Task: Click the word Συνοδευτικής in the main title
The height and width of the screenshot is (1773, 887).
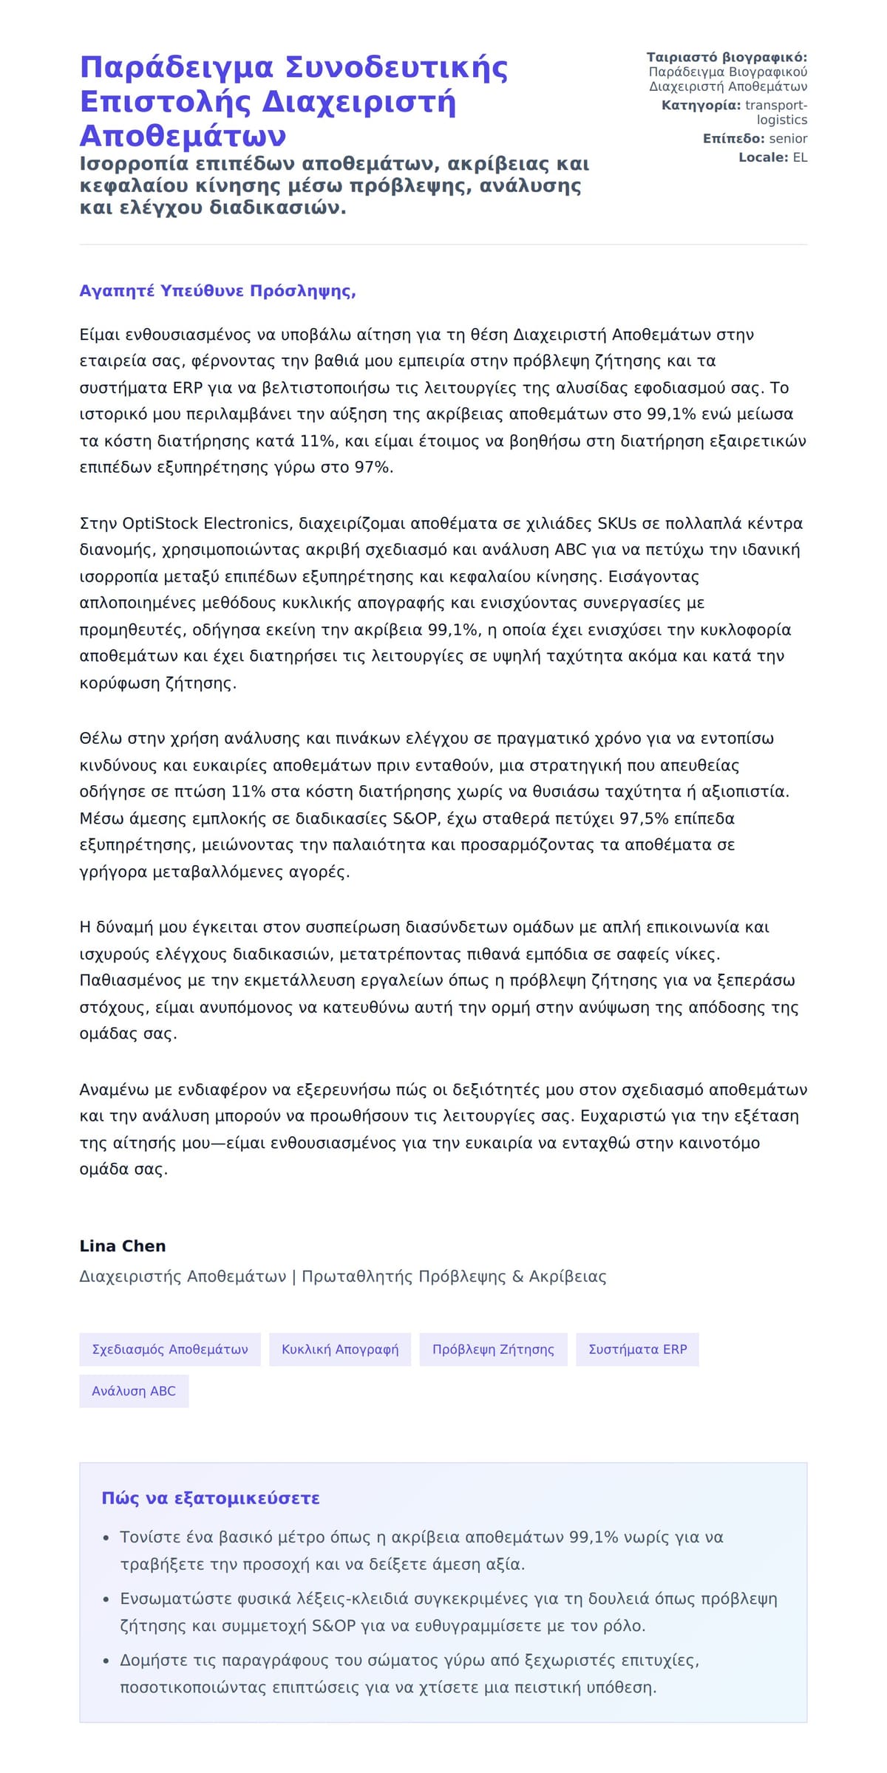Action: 396,68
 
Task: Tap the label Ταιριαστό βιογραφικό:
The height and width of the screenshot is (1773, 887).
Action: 727,58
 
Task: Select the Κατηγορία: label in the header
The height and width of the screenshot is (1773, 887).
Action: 701,106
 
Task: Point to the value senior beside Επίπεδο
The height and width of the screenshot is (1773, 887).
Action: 788,139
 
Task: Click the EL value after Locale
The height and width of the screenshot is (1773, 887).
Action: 800,157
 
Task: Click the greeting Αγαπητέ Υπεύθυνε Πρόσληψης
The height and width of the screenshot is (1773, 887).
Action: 217,291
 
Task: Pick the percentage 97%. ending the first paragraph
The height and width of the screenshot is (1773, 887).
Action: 374,468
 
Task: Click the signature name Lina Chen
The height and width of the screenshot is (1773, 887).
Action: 123,1246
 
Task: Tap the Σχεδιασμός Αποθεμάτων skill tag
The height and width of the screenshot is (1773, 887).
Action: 170,1350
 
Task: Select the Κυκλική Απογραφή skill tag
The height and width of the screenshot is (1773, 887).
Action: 340,1350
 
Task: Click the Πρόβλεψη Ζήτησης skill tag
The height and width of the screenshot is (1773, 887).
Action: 493,1350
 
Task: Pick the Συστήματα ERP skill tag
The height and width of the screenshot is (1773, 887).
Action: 637,1350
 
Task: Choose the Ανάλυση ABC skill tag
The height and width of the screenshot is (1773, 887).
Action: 134,1391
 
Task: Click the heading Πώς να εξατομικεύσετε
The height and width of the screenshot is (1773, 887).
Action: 211,1499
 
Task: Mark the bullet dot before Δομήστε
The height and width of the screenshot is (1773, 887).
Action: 106,1661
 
